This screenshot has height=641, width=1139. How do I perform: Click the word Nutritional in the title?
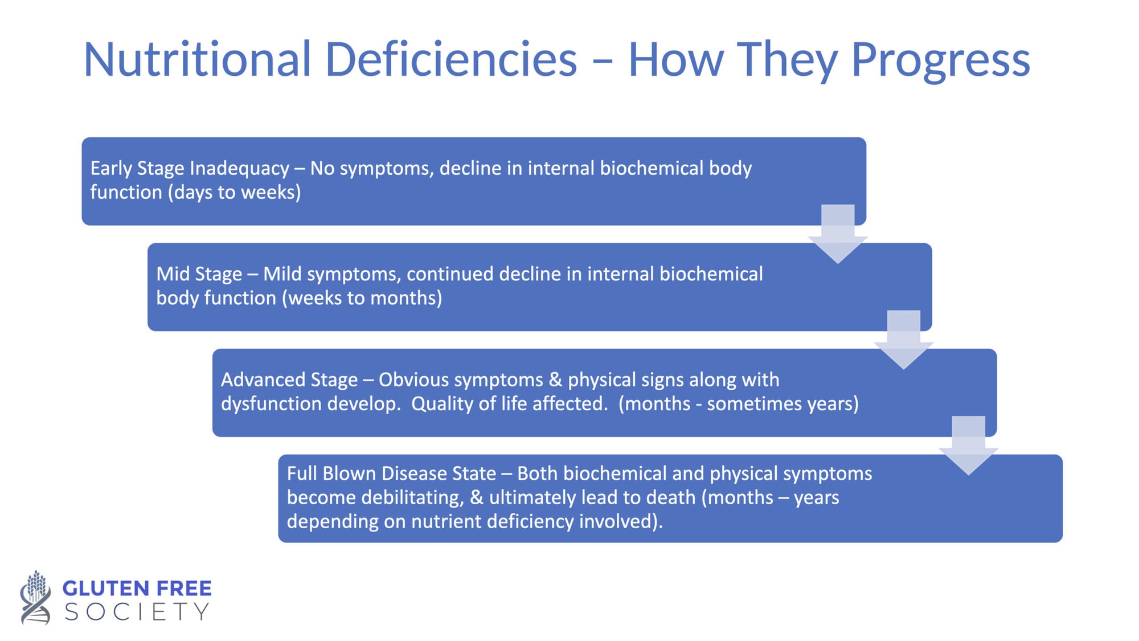[198, 59]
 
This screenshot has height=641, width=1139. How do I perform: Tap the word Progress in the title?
[941, 62]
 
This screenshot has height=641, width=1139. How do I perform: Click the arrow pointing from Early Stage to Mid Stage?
[838, 234]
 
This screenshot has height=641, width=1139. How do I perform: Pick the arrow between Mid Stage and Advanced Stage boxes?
[904, 340]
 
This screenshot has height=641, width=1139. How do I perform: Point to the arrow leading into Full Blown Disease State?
[969, 446]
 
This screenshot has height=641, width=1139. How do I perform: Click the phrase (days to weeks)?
[234, 193]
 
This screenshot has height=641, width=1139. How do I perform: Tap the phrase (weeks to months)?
[362, 299]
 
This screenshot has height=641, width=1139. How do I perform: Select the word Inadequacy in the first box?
[239, 169]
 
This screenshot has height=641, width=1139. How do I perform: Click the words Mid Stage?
[199, 275]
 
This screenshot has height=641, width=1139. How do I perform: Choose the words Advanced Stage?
[289, 380]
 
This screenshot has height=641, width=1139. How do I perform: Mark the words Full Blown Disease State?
[392, 473]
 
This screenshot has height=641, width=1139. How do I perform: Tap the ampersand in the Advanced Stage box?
[555, 380]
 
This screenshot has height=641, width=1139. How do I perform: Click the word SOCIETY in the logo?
[137, 612]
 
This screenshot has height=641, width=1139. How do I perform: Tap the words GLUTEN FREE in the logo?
[137, 588]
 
